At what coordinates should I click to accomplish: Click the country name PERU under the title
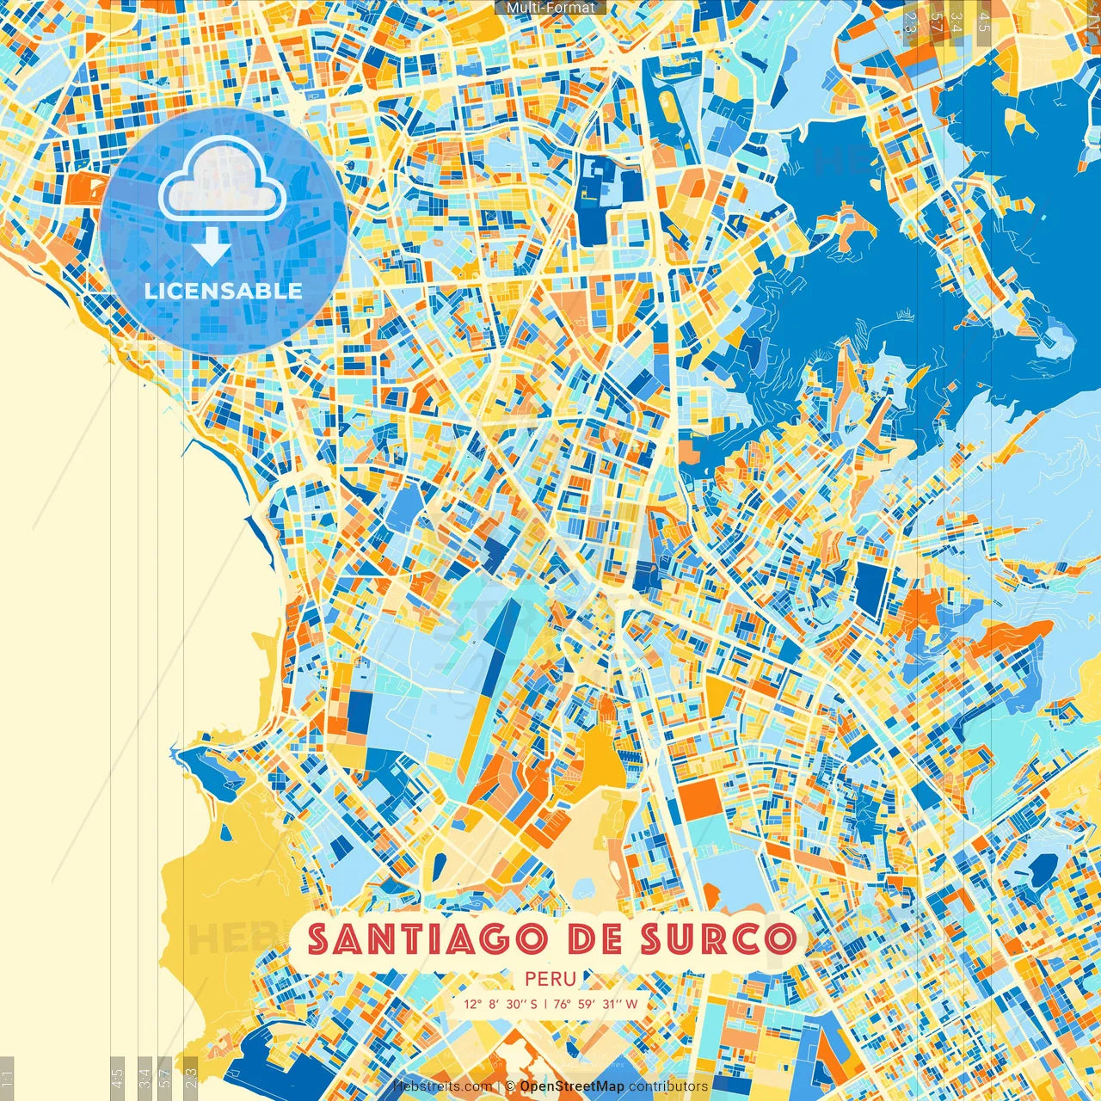pos(550,979)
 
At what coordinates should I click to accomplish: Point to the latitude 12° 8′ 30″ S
pos(500,1004)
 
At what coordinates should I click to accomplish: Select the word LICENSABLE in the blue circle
pos(224,291)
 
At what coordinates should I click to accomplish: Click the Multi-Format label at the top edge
pos(550,8)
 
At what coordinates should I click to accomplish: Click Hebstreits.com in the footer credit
pos(442,1086)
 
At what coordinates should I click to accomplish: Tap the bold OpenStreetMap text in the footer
pos(572,1086)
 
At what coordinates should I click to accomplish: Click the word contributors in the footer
pos(668,1086)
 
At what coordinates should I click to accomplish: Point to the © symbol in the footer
pos(510,1086)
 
